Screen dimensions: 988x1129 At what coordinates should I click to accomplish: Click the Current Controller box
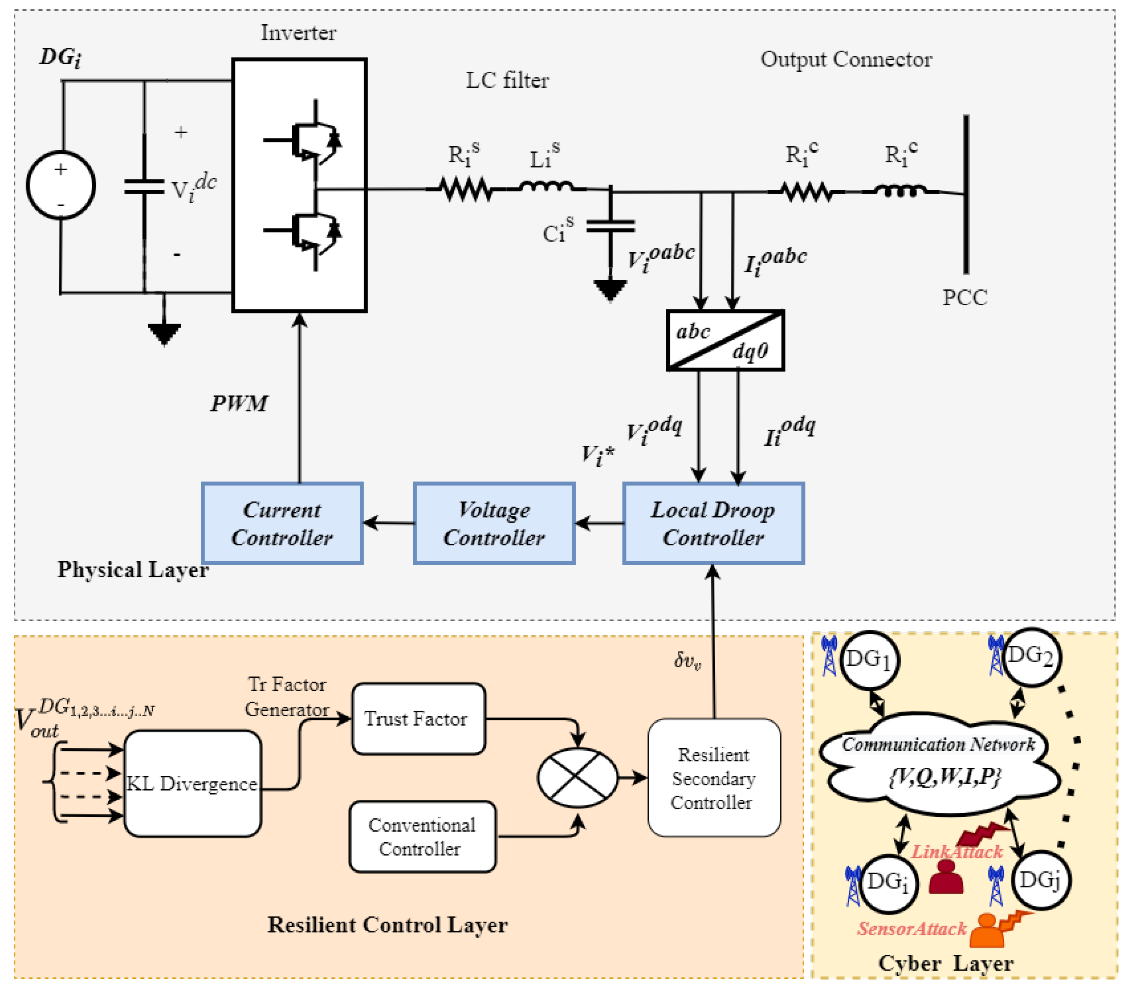click(282, 523)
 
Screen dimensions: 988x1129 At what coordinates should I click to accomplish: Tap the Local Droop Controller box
click(713, 523)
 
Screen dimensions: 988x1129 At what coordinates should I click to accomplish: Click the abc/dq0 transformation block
click(725, 340)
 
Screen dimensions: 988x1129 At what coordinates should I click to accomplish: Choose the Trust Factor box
click(419, 718)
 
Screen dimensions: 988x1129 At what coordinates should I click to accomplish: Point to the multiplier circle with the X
click(577, 777)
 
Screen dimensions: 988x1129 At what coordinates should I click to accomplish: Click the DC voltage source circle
click(61, 185)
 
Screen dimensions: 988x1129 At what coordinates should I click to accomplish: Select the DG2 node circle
click(1031, 657)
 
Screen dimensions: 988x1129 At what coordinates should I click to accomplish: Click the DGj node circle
click(1040, 880)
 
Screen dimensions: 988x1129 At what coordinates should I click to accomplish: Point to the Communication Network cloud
click(940, 764)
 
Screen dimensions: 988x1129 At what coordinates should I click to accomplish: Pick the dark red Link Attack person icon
click(946, 877)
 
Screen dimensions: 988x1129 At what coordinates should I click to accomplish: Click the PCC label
click(965, 298)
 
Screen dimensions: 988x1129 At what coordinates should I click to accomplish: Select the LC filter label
click(507, 81)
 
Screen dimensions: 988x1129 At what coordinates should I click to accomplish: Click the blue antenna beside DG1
click(829, 656)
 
